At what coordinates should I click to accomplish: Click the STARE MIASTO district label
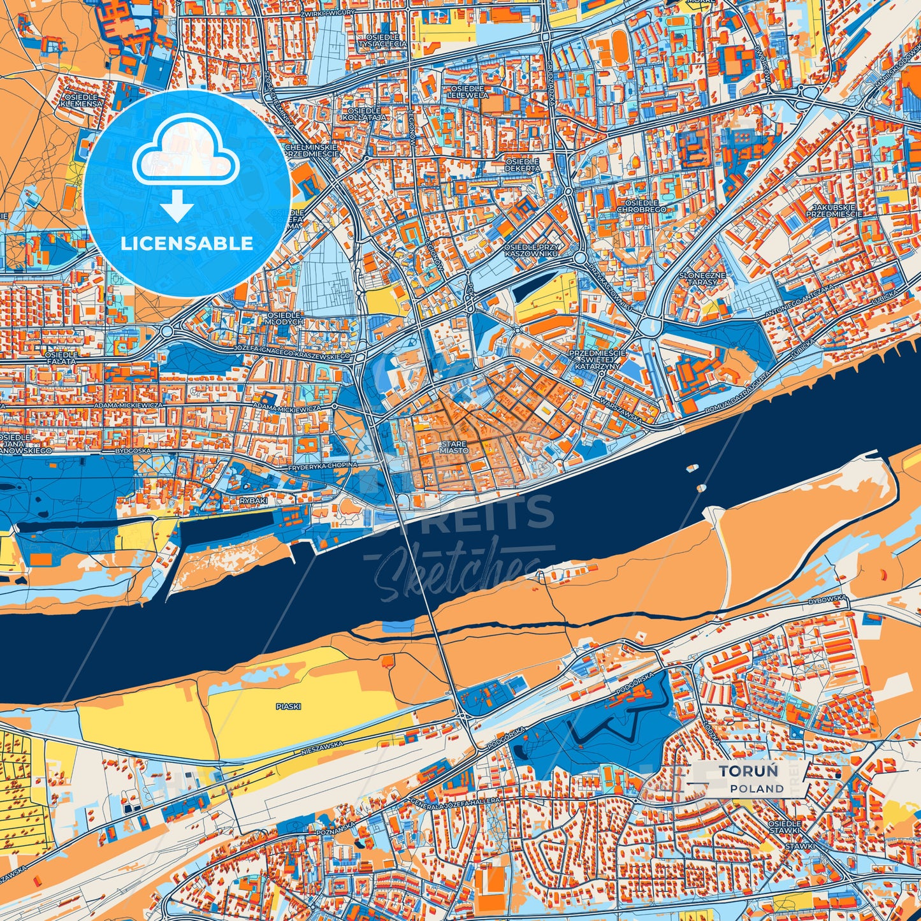[454, 447]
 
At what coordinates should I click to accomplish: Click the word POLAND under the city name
[757, 788]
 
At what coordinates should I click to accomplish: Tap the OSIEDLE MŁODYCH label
[285, 319]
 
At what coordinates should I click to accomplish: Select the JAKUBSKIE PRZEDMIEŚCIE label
[834, 211]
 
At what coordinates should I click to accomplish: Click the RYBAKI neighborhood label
[253, 501]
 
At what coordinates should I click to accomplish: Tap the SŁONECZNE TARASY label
[702, 278]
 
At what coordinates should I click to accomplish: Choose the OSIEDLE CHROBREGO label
[641, 206]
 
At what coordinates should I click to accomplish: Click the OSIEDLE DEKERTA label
[522, 166]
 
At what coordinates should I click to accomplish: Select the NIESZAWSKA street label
[322, 748]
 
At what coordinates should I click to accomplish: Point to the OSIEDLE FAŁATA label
[61, 358]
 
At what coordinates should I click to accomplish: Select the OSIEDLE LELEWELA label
[468, 91]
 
